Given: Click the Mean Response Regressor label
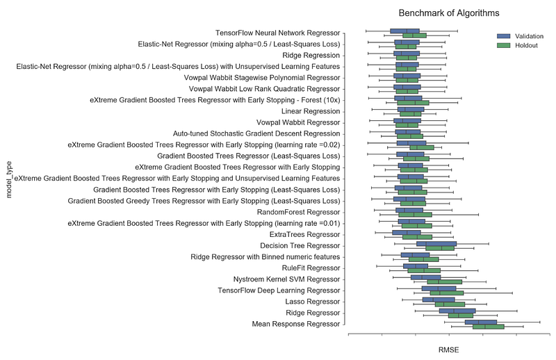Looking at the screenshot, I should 295,324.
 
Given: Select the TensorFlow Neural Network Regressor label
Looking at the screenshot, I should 278,33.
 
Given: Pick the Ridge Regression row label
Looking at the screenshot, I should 311,55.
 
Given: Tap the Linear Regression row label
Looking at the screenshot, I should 311,111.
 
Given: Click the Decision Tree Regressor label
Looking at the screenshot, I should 300,245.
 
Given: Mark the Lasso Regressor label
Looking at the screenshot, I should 312,302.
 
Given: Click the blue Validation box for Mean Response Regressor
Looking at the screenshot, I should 480,322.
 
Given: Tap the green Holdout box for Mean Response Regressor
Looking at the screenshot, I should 488,327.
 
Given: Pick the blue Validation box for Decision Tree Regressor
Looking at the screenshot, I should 436,243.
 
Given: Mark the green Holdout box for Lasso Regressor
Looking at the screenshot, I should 450,304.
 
